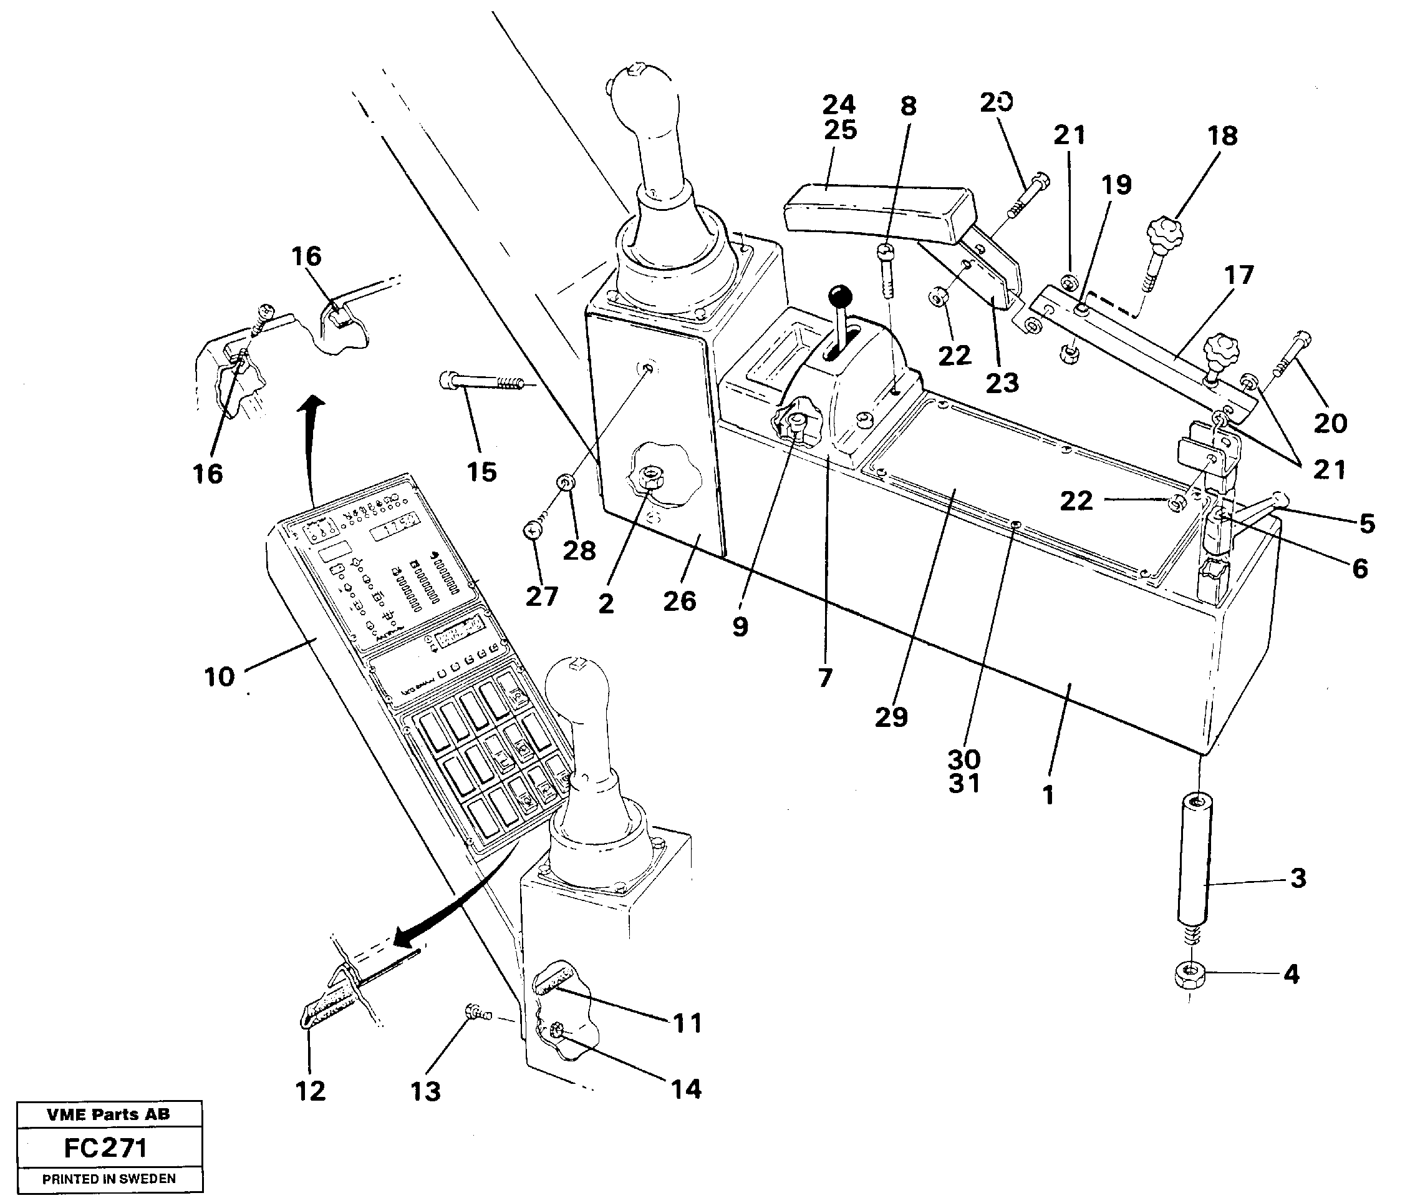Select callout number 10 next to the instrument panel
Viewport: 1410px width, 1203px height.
click(x=219, y=677)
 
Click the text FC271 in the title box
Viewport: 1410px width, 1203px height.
click(x=105, y=1149)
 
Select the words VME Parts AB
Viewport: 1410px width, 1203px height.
click(x=109, y=1114)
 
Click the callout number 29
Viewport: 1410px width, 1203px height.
click(x=891, y=717)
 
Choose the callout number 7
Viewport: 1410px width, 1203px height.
click(x=825, y=678)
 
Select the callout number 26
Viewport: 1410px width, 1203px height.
click(x=679, y=600)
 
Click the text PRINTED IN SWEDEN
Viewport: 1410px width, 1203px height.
click(x=109, y=1179)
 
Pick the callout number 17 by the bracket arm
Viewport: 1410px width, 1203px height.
click(x=1238, y=275)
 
